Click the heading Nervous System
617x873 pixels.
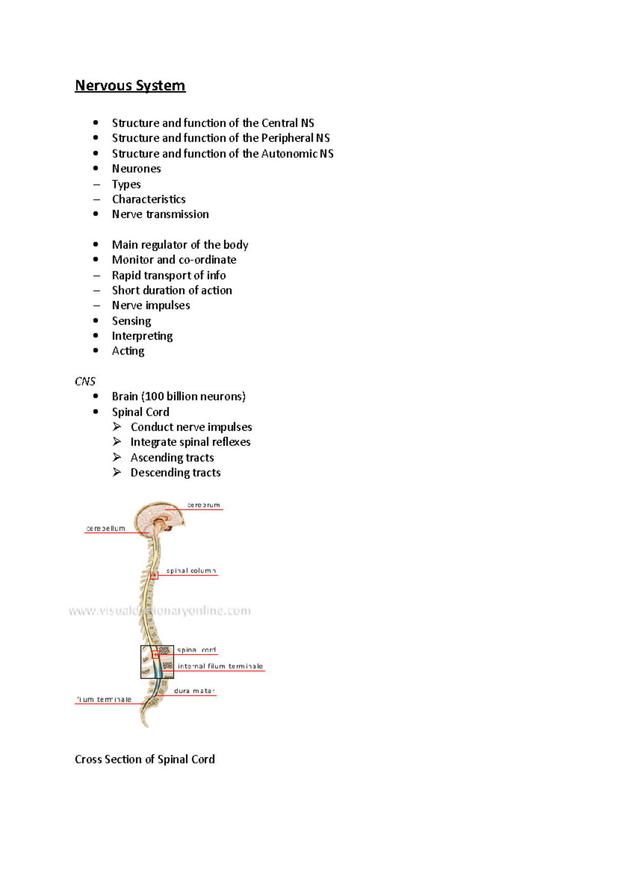[130, 85]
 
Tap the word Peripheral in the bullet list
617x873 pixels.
[287, 138]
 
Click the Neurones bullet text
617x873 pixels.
[136, 169]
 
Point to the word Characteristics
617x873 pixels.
[149, 199]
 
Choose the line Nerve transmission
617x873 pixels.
[160, 214]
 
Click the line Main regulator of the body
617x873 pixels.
[180, 245]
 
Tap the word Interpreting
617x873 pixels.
[142, 336]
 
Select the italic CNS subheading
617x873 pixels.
[85, 381]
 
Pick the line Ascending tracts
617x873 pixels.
[172, 458]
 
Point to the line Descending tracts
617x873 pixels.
[175, 472]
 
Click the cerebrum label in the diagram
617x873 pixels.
[204, 505]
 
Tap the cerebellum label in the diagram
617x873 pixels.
[106, 528]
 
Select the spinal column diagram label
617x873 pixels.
[191, 571]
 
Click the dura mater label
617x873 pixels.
[194, 690]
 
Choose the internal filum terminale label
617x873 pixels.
[220, 666]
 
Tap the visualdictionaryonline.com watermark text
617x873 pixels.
[160, 611]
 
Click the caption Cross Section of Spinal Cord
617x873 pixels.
[144, 759]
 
